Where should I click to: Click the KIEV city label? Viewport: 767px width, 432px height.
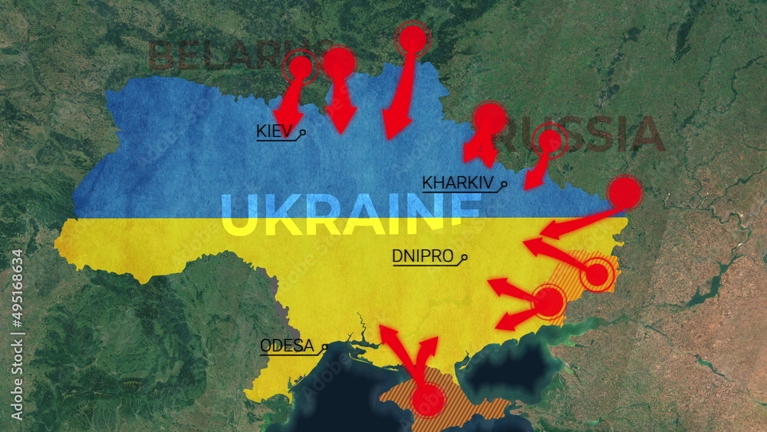coord(274,131)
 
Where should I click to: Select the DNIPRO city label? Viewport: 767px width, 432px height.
coord(423,256)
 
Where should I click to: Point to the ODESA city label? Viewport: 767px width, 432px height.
coord(288,345)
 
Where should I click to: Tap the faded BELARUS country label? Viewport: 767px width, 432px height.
coord(222,56)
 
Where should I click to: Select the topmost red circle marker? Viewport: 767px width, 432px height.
coord(413,38)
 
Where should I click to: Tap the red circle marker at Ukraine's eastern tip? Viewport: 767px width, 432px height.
coord(625,193)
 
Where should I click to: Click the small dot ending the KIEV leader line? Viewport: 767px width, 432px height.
coord(304,132)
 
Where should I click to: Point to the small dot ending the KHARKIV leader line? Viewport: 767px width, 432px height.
coord(505,183)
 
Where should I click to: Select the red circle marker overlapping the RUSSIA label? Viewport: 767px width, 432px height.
coord(551,141)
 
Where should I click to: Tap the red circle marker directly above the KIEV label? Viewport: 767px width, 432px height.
coord(300,68)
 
